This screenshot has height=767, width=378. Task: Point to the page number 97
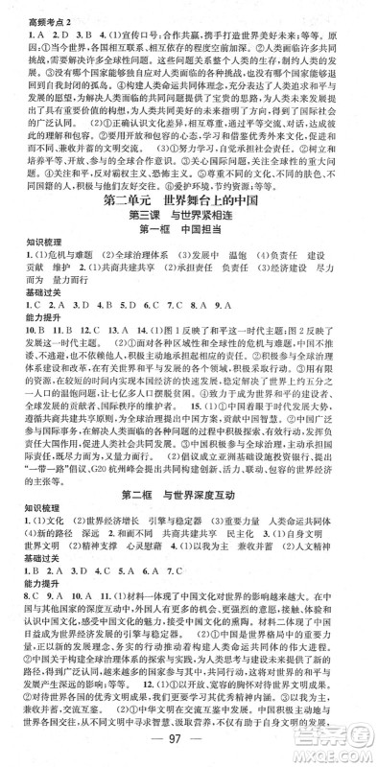(x=189, y=748)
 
